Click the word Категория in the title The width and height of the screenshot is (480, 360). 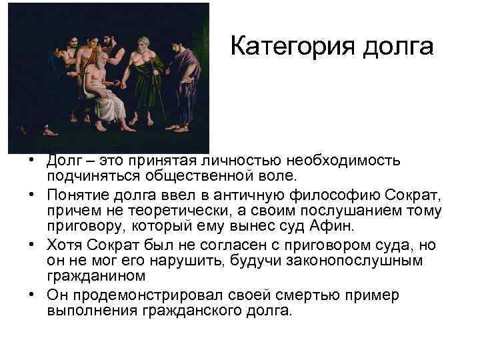click(x=291, y=46)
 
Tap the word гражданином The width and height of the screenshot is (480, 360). click(x=94, y=275)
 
